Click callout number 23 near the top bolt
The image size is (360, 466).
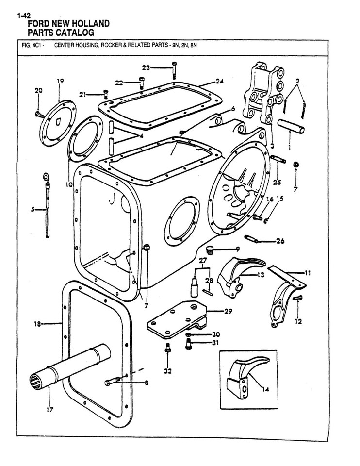click(146, 67)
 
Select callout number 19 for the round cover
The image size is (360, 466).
click(60, 81)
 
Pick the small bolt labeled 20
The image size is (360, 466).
click(37, 115)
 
